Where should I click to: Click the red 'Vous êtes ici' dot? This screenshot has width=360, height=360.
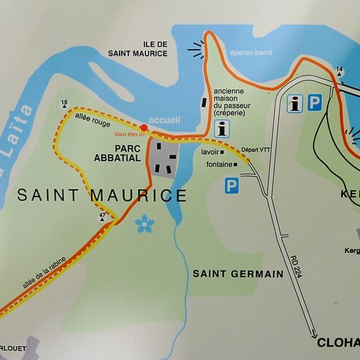[144, 127]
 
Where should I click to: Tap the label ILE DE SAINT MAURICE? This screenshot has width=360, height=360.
[138, 49]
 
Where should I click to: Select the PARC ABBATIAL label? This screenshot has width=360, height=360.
[117, 153]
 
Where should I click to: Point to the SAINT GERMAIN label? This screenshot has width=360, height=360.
[238, 274]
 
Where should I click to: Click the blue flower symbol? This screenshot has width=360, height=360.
[145, 224]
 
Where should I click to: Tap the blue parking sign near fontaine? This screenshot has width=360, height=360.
[231, 186]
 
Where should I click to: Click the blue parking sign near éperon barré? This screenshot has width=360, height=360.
[315, 103]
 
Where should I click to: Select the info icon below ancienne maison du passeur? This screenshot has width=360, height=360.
[222, 129]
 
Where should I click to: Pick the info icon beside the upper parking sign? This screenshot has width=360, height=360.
[294, 103]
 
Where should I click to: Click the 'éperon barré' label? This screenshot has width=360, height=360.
[251, 52]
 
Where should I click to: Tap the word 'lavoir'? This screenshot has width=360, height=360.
[211, 152]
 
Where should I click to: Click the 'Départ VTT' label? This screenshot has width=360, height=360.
[256, 150]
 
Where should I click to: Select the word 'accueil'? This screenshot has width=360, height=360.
[165, 120]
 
